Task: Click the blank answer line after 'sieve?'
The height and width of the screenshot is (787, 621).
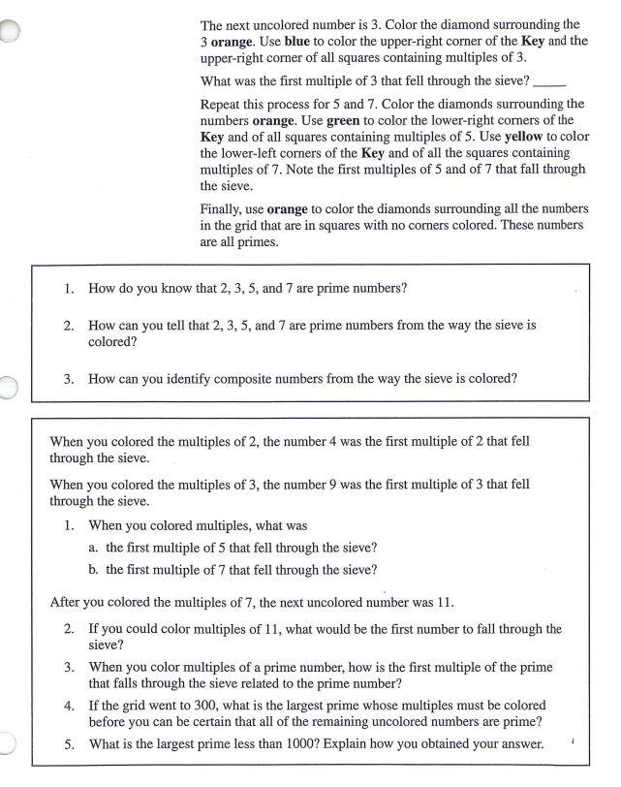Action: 548,81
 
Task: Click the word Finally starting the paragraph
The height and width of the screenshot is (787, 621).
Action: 222,209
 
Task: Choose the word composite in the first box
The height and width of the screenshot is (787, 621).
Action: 252,379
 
